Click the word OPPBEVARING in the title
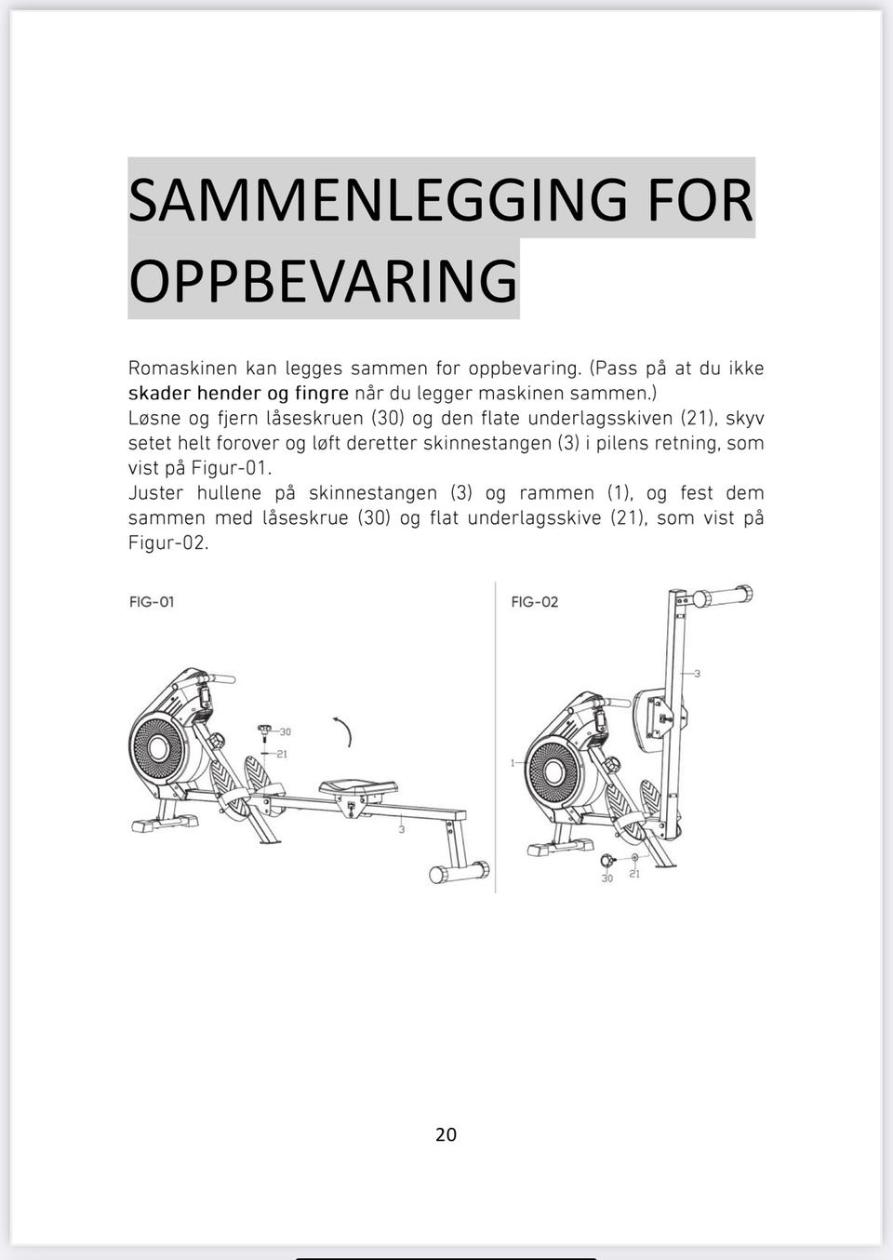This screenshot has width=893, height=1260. (x=323, y=279)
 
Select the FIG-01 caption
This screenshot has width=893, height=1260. (x=152, y=602)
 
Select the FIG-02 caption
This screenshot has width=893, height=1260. (x=535, y=602)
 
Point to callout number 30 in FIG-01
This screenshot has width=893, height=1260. (x=286, y=731)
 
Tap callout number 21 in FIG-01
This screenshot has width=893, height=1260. (x=282, y=755)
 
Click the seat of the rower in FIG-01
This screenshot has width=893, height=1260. (x=358, y=786)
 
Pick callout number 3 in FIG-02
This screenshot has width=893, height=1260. (x=698, y=674)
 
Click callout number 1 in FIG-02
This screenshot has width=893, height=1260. (x=513, y=763)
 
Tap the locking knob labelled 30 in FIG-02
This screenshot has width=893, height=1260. (x=607, y=860)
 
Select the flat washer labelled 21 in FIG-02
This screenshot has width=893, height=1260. (x=635, y=857)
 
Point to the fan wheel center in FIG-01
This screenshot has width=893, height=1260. (x=158, y=749)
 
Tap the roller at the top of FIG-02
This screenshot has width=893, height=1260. (x=723, y=596)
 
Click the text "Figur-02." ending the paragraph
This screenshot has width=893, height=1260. (x=168, y=543)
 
